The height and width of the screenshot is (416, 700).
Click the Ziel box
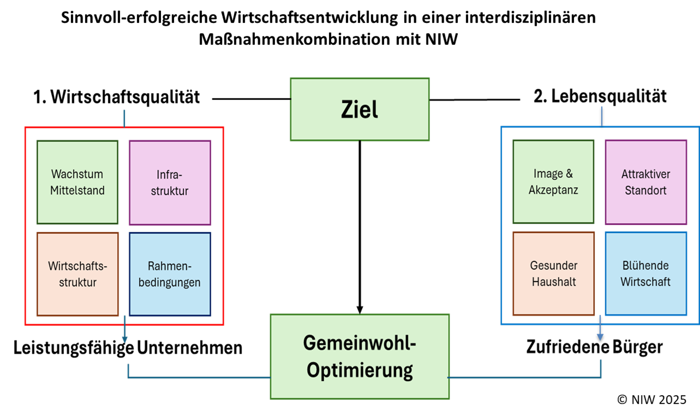360,109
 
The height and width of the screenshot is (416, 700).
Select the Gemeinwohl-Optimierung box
360,356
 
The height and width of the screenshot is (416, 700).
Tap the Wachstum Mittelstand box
77,182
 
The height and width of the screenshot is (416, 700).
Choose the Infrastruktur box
170,182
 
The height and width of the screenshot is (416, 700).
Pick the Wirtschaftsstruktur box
78,274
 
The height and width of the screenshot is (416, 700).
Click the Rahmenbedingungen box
170,274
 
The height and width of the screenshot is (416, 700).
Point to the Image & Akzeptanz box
553,182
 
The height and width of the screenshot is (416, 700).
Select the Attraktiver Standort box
646,182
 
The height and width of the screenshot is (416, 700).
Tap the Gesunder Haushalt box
554,274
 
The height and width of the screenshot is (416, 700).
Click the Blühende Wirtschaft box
646,274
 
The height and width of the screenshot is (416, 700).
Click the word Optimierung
360,370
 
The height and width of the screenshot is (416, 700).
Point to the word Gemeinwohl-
360,343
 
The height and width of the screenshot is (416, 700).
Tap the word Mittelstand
77,190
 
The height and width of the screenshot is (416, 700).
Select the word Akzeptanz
553,190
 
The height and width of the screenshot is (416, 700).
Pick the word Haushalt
554,282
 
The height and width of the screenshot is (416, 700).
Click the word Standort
646,190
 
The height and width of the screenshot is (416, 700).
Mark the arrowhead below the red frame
124,339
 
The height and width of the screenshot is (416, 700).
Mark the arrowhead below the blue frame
600,337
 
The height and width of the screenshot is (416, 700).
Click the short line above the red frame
124,118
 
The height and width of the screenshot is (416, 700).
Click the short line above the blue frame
602,116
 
